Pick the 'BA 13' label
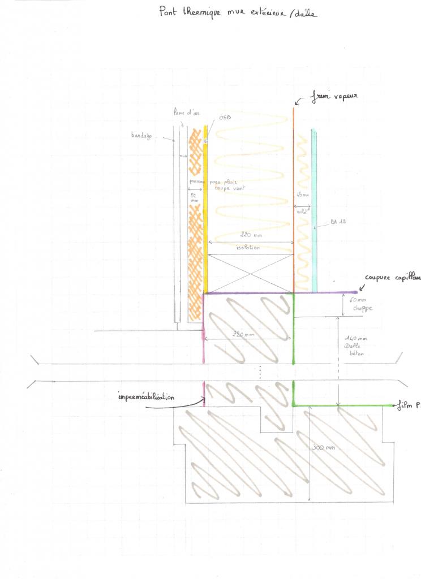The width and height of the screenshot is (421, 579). (x=338, y=223)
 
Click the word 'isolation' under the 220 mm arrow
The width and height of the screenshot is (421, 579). (x=248, y=248)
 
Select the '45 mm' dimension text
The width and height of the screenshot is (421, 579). (x=303, y=196)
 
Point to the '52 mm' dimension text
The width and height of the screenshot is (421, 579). (x=194, y=197)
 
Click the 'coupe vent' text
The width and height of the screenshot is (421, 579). (x=224, y=188)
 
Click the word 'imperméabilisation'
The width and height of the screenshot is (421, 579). (x=146, y=397)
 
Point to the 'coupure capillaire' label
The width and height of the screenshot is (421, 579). (x=392, y=278)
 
